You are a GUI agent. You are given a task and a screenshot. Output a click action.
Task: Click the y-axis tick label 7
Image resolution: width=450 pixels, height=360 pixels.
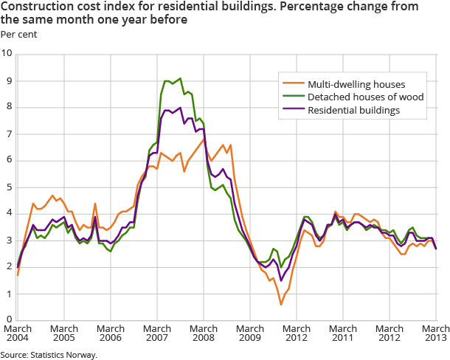tap(9, 134)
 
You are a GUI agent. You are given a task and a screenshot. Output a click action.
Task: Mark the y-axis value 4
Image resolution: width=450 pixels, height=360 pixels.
tap(9, 214)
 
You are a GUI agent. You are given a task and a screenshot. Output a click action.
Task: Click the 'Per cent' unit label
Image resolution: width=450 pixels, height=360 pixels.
tap(18, 34)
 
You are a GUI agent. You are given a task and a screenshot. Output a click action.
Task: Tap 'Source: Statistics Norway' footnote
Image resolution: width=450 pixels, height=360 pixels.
tap(49, 355)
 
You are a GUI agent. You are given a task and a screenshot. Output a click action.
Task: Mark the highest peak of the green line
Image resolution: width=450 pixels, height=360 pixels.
tap(179, 78)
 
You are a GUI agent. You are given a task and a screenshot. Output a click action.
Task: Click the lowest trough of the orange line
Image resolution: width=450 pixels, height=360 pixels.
tap(281, 304)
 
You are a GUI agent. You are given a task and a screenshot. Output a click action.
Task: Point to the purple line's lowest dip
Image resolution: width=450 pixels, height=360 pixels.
tap(280, 280)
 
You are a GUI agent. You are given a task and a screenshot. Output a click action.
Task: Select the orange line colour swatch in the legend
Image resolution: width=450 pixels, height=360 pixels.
tap(292, 84)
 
